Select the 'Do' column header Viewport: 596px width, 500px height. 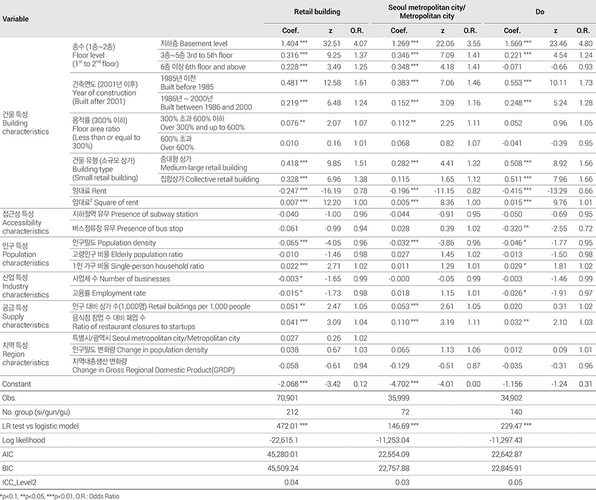[x=540, y=11]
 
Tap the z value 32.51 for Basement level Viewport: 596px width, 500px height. [x=332, y=43]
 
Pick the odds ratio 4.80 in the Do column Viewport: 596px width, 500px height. [x=583, y=43]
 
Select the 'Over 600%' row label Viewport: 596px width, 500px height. [x=177, y=147]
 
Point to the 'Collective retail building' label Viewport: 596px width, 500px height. [x=209, y=179]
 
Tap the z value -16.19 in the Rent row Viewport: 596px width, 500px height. [x=331, y=190]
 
